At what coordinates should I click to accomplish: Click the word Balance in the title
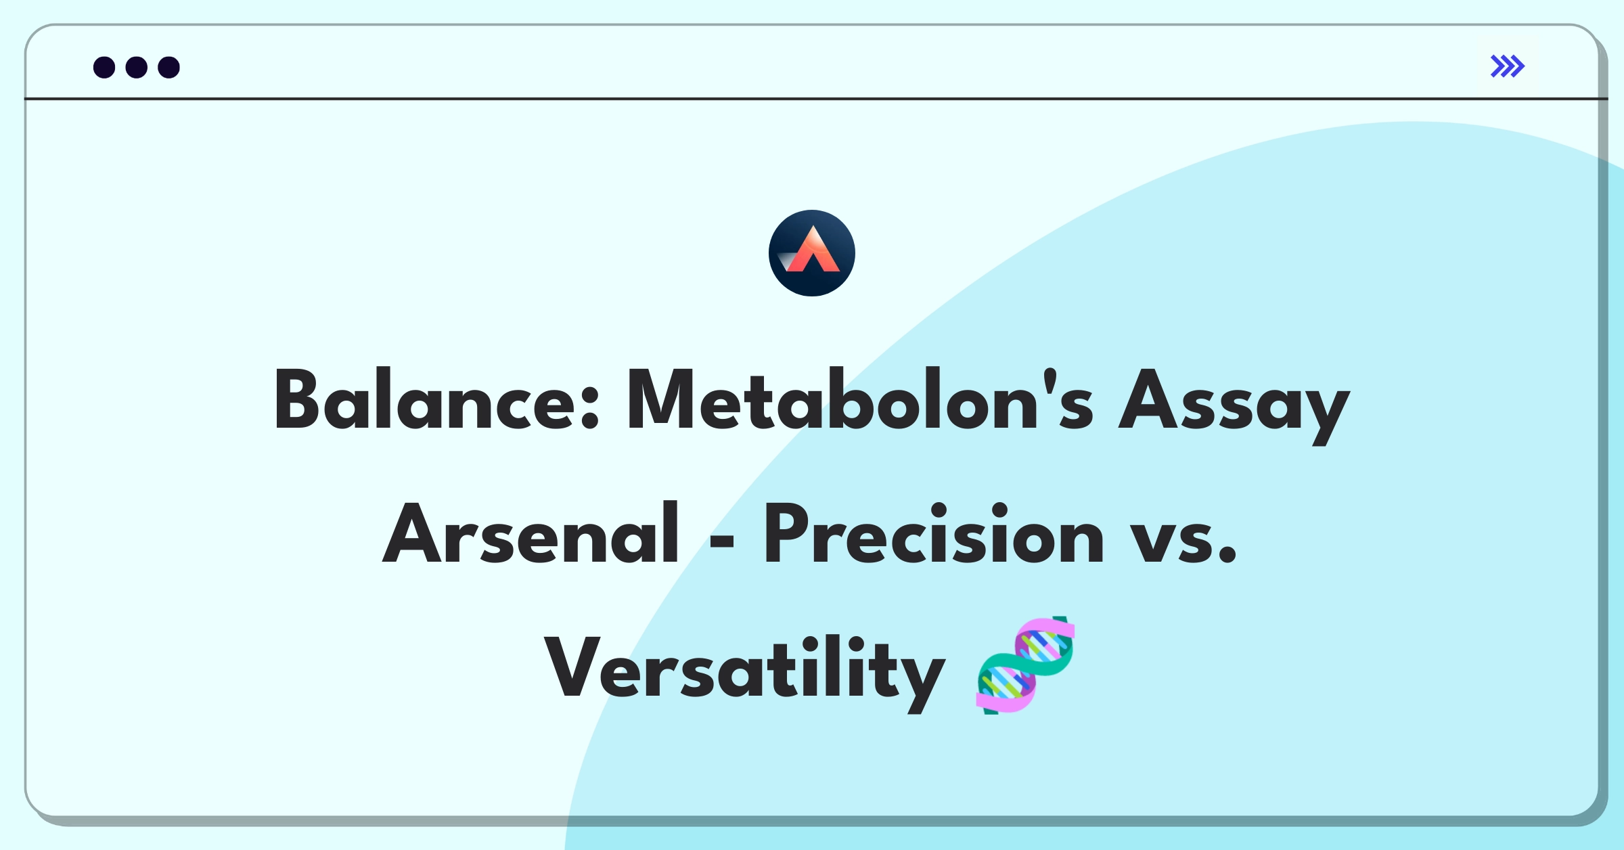pyautogui.click(x=425, y=401)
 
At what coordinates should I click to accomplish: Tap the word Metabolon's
pyautogui.click(x=859, y=401)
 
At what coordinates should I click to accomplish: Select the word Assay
pyautogui.click(x=1233, y=403)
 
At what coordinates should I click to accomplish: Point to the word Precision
pyautogui.click(x=934, y=535)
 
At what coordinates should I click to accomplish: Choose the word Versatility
pyautogui.click(x=744, y=670)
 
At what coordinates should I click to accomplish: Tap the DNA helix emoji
pyautogui.click(x=1025, y=665)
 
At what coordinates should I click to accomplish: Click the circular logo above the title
pyautogui.click(x=811, y=252)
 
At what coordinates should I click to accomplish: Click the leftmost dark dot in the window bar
pyautogui.click(x=104, y=67)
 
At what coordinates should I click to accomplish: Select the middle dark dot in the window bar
pyautogui.click(x=137, y=67)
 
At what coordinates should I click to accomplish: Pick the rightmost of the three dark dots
pyautogui.click(x=168, y=67)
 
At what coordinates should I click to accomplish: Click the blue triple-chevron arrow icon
pyautogui.click(x=1507, y=66)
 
